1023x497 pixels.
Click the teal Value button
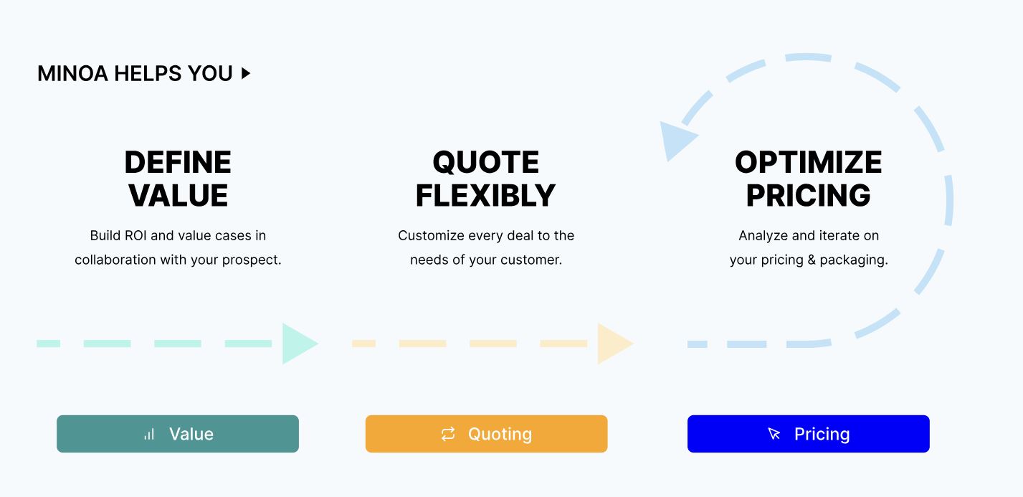pyautogui.click(x=178, y=433)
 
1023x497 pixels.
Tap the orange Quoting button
pyautogui.click(x=486, y=433)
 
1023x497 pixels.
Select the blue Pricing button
pyautogui.click(x=809, y=433)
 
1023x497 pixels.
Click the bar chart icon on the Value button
pyautogui.click(x=149, y=434)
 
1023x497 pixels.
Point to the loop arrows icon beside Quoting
pyautogui.click(x=448, y=434)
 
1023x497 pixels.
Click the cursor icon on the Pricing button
pyautogui.click(x=774, y=433)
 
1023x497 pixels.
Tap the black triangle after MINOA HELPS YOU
pyautogui.click(x=246, y=73)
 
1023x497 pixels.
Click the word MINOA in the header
pyautogui.click(x=72, y=74)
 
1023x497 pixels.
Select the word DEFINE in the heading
pyautogui.click(x=178, y=162)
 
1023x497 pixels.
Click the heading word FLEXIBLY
pyautogui.click(x=485, y=196)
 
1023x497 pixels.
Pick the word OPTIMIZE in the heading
pyautogui.click(x=809, y=162)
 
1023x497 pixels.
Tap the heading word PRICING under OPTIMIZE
pyautogui.click(x=809, y=196)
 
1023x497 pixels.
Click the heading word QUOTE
pyautogui.click(x=486, y=162)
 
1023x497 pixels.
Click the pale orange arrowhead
pyautogui.click(x=614, y=344)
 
